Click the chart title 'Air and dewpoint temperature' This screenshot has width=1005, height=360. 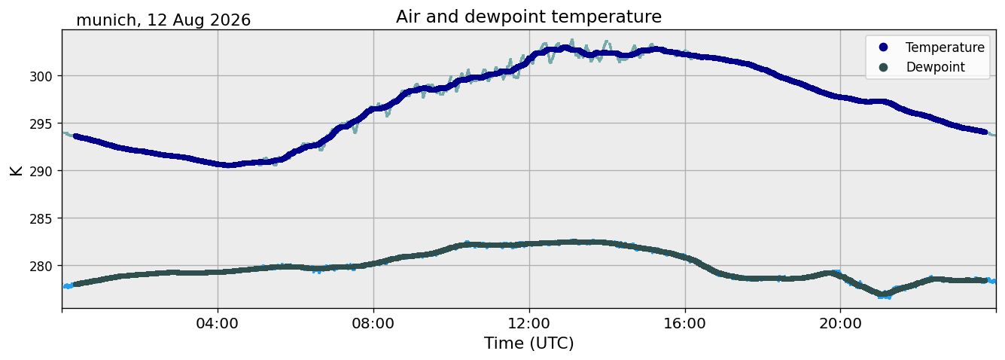pyautogui.click(x=528, y=17)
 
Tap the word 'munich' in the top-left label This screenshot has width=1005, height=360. pyautogui.click(x=106, y=20)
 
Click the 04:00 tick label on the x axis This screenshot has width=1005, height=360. pyautogui.click(x=218, y=323)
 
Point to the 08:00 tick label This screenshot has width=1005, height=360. pyautogui.click(x=373, y=323)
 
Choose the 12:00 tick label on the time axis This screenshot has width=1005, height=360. pyautogui.click(x=529, y=323)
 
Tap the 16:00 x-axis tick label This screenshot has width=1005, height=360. pyautogui.click(x=684, y=323)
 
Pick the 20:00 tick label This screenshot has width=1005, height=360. pyautogui.click(x=840, y=323)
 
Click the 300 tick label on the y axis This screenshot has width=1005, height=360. pyautogui.click(x=41, y=76)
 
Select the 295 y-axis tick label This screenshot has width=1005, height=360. pyautogui.click(x=41, y=124)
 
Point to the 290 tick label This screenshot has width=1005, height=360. pyautogui.click(x=41, y=172)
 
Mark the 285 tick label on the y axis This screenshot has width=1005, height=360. pyautogui.click(x=41, y=219)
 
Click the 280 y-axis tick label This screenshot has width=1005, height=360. pyautogui.click(x=41, y=267)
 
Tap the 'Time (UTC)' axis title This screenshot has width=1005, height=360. pyautogui.click(x=529, y=343)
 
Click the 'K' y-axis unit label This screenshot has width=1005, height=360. pyautogui.click(x=16, y=170)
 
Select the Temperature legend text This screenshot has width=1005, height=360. pyautogui.click(x=945, y=47)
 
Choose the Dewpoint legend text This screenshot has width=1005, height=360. pyautogui.click(x=936, y=67)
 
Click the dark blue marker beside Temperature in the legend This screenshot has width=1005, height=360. pyautogui.click(x=883, y=47)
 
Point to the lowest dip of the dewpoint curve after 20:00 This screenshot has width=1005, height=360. pyautogui.click(x=883, y=294)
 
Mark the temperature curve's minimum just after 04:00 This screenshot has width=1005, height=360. pyautogui.click(x=228, y=165)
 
